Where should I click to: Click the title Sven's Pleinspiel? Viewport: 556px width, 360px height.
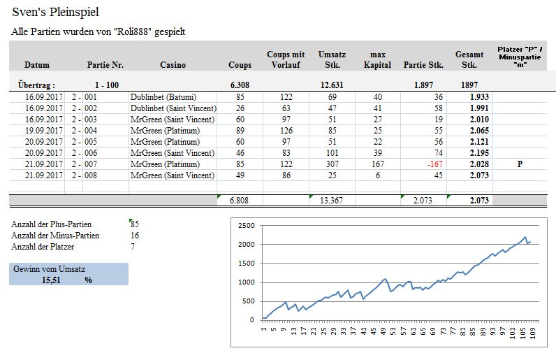coord(55,12)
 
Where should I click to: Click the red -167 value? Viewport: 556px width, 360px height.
coord(434,164)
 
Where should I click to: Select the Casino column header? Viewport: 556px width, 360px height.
coord(173,65)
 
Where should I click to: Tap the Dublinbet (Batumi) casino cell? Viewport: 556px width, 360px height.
coord(163,96)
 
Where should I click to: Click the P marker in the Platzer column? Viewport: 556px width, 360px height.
coord(519,164)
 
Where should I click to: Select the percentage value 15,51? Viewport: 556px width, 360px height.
coord(52,280)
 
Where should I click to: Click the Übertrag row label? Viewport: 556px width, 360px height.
coord(36,84)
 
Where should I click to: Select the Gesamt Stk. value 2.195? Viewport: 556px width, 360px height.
coord(478,152)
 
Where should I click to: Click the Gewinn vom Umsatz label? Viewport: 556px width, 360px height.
coord(47,268)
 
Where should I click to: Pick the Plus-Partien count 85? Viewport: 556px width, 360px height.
coord(135,224)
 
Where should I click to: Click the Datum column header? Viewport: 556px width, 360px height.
coord(37,65)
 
